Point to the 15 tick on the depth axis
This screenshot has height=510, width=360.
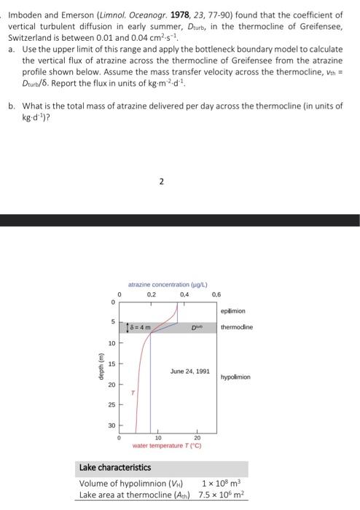point(113,365)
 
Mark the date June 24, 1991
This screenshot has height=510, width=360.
point(190,371)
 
